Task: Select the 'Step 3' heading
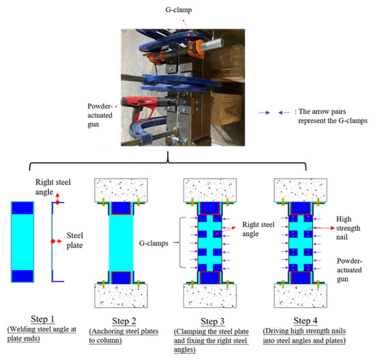coord(214,318)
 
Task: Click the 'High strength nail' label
coord(350,224)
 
